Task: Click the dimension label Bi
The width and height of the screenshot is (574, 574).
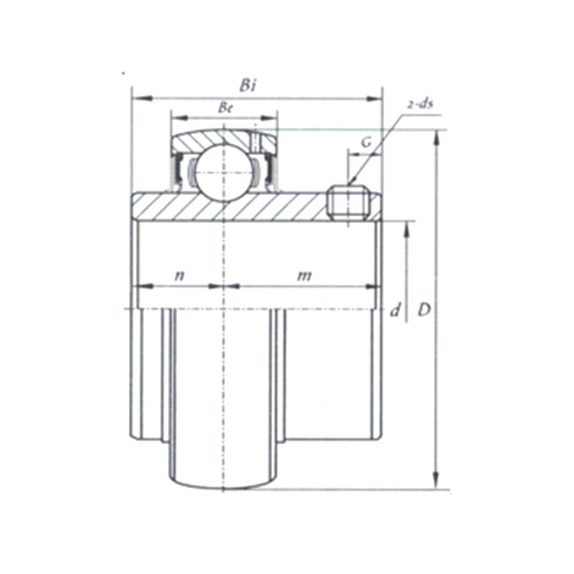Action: pos(248,85)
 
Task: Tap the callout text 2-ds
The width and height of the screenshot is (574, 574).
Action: pos(420,104)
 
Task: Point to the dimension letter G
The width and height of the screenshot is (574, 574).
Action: pos(366,143)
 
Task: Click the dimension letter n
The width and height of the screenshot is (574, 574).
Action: pos(179,276)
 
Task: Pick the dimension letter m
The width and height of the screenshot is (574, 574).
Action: pos(304,276)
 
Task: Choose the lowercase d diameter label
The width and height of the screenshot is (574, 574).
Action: pos(395,311)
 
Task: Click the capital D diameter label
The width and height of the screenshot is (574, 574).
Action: pos(424,311)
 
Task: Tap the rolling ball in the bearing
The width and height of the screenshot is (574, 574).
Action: pos(223,173)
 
